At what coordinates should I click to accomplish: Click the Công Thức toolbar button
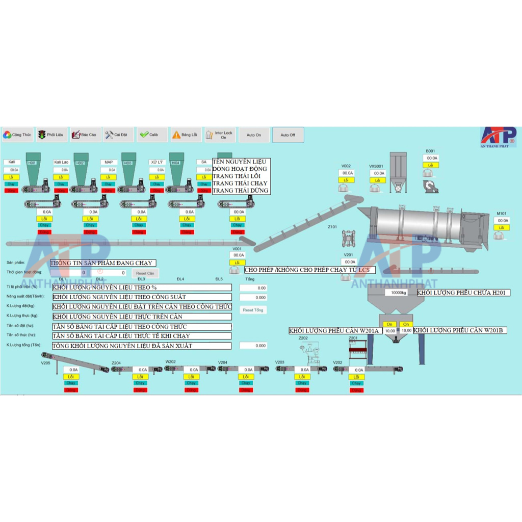[17, 135]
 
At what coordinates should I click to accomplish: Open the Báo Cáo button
[84, 135]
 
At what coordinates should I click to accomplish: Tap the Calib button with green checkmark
[150, 135]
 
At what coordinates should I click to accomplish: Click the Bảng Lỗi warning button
[185, 135]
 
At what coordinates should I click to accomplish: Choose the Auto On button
[254, 135]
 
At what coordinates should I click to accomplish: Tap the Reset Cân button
[145, 274]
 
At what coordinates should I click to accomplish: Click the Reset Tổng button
[253, 310]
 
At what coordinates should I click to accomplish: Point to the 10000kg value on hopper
[399, 293]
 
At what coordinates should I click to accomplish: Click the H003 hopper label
[127, 163]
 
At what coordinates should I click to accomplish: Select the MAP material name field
[109, 162]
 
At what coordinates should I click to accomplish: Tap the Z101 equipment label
[332, 227]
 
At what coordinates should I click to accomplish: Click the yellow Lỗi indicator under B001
[431, 165]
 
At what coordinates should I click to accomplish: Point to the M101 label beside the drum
[502, 214]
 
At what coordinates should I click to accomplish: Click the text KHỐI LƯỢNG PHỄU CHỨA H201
[463, 293]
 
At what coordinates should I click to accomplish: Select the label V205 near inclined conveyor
[46, 363]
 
